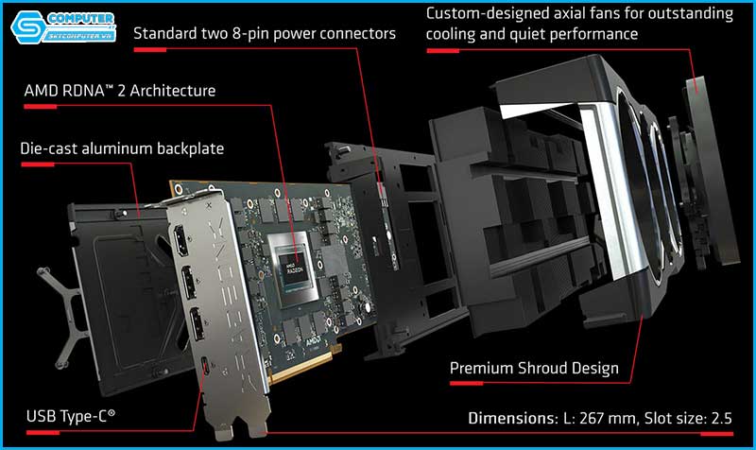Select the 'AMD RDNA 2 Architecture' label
(120, 92)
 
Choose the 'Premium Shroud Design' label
(534, 368)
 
